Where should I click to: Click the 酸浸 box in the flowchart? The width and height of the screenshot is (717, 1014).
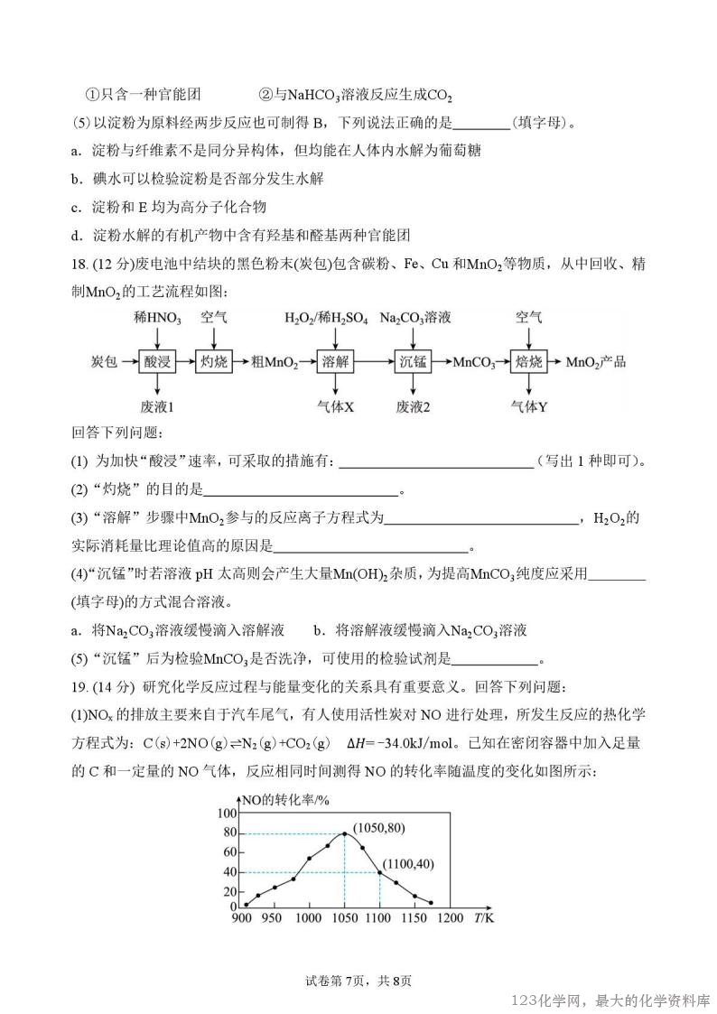point(156,361)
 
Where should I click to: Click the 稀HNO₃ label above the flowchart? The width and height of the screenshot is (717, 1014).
point(156,319)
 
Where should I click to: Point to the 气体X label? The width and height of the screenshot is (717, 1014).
point(335,406)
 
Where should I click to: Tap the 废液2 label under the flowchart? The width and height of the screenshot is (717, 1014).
point(413,406)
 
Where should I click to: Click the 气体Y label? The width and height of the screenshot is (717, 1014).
point(529,406)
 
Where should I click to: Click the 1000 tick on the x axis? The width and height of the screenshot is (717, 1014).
point(309,918)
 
